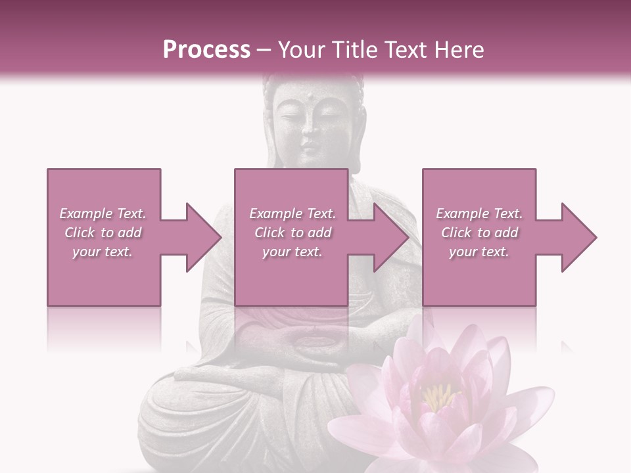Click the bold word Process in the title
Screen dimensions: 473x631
206,49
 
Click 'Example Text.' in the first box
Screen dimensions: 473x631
103,214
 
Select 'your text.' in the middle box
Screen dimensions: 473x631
292,252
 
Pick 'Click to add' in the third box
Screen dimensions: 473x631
479,233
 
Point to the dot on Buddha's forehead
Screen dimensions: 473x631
307,100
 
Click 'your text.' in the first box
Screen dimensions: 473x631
103,252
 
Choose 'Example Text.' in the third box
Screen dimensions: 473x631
479,214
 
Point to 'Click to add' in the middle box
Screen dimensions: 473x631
292,233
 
